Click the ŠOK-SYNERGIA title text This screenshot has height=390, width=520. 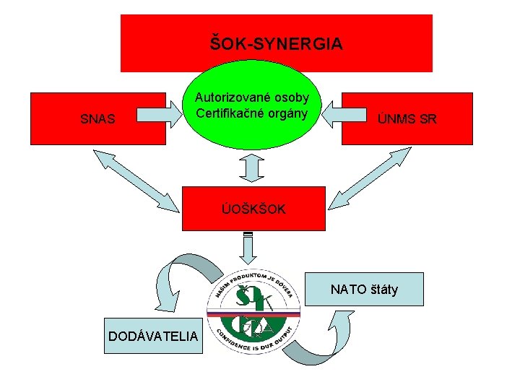tap(276, 44)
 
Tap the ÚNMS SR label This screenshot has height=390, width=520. tap(407, 119)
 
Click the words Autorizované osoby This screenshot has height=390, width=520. tap(252, 97)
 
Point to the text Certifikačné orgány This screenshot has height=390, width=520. tap(252, 113)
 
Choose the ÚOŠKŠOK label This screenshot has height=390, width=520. tap(253, 209)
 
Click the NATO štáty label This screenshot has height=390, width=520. tap(364, 290)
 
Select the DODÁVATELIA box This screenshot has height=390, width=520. tap(154, 336)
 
